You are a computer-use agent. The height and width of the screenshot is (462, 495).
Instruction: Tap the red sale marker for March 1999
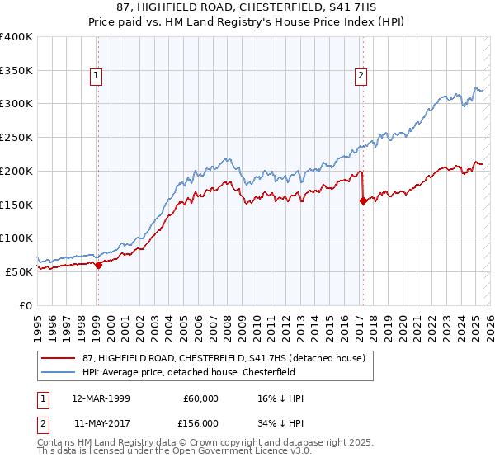pyautogui.click(x=98, y=265)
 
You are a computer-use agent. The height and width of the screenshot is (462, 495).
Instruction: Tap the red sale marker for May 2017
pyautogui.click(x=363, y=200)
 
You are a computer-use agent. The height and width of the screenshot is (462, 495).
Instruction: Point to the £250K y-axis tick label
pyautogui.click(x=16, y=137)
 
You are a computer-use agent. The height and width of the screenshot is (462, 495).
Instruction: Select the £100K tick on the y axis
pyautogui.click(x=16, y=238)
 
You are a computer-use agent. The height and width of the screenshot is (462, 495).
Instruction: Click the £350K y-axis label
pyautogui.click(x=16, y=70)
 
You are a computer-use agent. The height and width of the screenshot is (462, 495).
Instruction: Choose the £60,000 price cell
pyautogui.click(x=201, y=399)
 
